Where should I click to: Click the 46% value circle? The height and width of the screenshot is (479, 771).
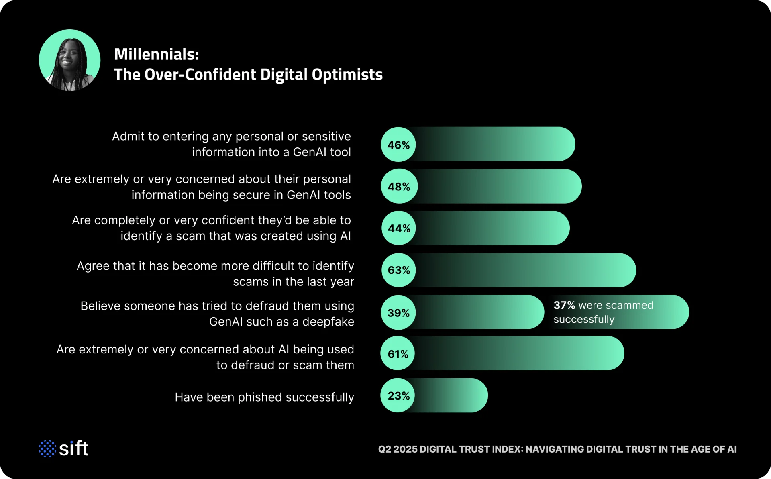point(398,145)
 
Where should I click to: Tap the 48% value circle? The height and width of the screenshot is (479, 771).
point(399,186)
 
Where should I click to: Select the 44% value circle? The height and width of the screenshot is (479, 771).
point(399,228)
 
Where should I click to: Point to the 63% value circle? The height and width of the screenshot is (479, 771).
point(399,270)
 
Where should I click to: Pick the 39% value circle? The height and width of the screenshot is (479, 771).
point(398,312)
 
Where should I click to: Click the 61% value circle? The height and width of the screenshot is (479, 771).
point(398,354)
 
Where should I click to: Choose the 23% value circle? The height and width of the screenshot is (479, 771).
point(398,395)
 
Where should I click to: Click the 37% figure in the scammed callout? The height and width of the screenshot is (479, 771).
point(564,305)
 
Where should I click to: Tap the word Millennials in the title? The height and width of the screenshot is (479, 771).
point(156,55)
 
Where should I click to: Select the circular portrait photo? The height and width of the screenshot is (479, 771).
point(70,60)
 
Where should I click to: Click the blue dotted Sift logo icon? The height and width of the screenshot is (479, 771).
point(47,448)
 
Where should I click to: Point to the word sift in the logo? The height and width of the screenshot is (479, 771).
point(74,448)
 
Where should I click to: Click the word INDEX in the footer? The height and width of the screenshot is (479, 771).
point(508,449)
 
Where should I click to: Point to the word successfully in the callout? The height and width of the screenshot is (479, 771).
point(584,320)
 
